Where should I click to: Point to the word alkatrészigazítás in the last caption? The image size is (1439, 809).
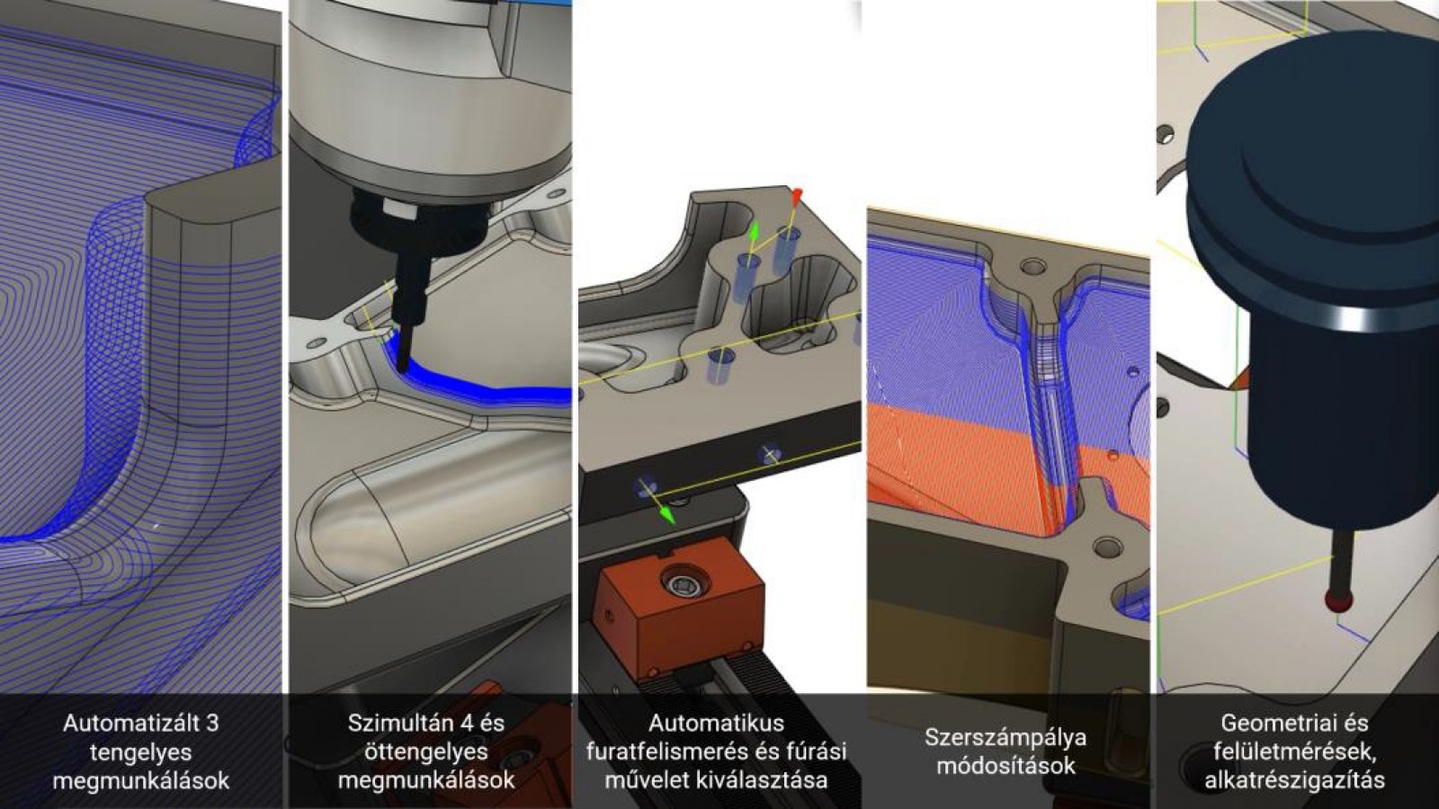(1294, 780)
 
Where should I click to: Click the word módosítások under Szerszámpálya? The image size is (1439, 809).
(1006, 766)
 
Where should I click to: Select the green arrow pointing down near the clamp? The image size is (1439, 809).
(666, 515)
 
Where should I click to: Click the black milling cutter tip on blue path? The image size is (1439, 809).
(401, 364)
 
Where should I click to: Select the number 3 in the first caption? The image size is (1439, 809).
(212, 723)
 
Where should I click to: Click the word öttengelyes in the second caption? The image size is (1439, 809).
(426, 751)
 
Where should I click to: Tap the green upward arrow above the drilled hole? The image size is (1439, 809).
(755, 232)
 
